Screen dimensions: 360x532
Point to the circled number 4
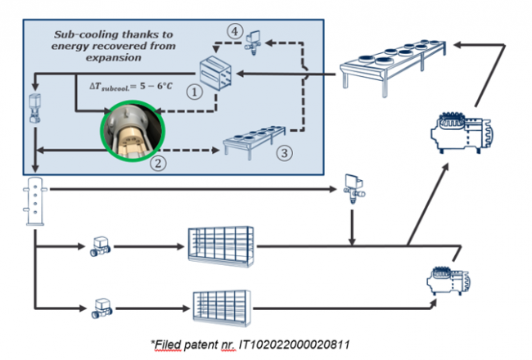pos(237,32)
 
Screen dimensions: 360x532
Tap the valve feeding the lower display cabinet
pos(100,309)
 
